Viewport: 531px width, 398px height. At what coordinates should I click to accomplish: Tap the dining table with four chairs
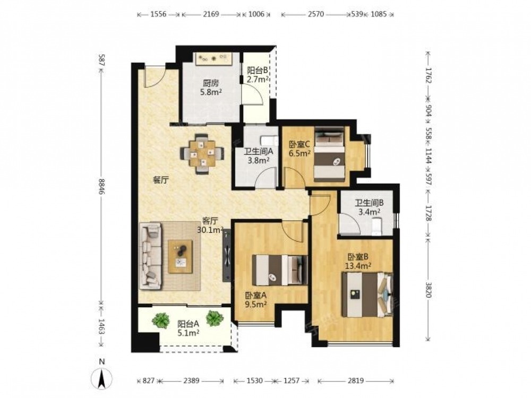point(202,154)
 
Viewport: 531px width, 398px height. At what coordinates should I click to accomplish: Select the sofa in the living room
point(150,256)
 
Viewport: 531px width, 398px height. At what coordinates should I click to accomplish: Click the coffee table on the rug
point(181,256)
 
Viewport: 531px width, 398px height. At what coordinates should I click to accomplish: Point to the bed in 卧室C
point(330,154)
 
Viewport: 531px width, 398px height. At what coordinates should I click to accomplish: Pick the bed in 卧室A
point(280,270)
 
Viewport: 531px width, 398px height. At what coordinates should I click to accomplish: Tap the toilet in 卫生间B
point(376,226)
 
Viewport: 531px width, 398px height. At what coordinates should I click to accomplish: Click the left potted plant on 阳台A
point(161,320)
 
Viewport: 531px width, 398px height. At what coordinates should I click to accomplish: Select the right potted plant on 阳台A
point(215,318)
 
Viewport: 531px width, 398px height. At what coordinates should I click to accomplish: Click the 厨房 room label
point(211,83)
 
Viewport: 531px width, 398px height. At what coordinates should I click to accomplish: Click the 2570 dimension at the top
point(315,14)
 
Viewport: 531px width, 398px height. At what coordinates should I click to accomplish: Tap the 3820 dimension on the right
point(428,290)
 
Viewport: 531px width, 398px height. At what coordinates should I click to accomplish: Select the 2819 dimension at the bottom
point(356,380)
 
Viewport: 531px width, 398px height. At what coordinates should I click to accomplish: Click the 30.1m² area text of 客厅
point(210,230)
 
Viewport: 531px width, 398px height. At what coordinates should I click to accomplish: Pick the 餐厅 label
point(160,180)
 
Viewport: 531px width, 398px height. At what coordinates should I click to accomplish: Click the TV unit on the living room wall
point(227,256)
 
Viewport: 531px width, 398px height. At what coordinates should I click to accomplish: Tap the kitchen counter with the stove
point(213,58)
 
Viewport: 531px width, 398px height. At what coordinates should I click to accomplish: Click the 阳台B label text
point(258,71)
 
